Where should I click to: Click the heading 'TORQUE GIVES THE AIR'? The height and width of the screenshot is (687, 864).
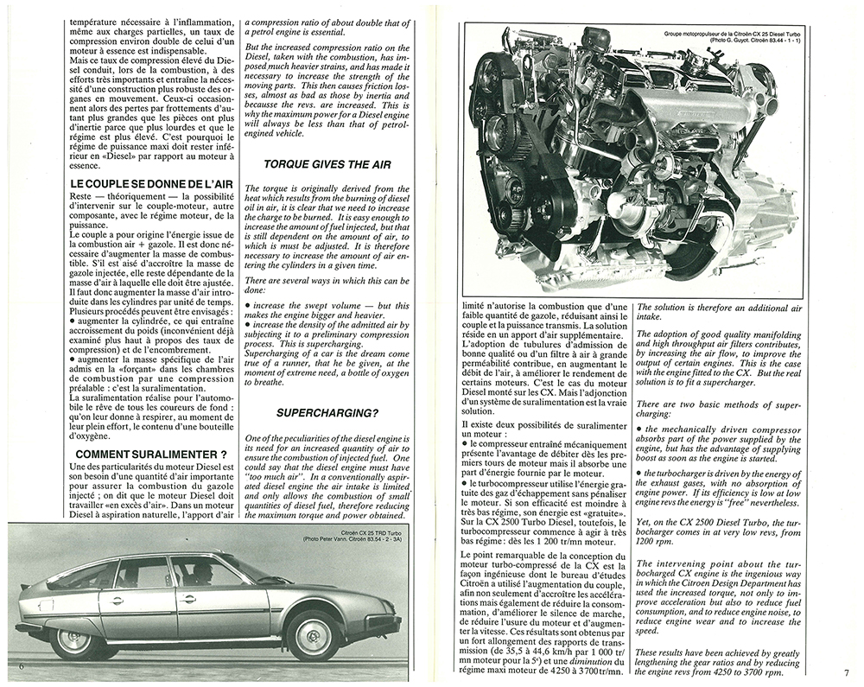click(317, 163)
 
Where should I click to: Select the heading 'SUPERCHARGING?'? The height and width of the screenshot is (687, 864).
click(317, 413)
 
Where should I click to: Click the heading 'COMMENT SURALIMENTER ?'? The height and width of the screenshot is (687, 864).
click(150, 454)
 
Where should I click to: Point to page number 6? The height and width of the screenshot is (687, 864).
click(19, 665)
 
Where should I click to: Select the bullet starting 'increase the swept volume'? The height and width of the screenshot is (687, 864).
click(319, 306)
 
